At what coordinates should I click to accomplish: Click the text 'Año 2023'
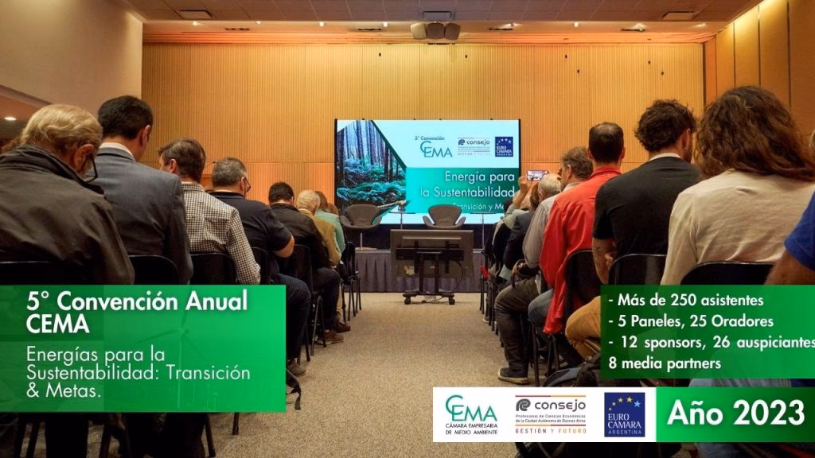735,413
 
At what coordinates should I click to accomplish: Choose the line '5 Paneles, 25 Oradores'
691,321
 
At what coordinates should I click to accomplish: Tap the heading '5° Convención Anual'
137,302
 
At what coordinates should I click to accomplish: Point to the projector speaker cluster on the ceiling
435,30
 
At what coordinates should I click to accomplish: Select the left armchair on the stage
362,216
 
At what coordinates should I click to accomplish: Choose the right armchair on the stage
444,216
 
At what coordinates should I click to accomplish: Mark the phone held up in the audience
536,174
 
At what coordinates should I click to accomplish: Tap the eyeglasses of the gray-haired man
89,168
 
